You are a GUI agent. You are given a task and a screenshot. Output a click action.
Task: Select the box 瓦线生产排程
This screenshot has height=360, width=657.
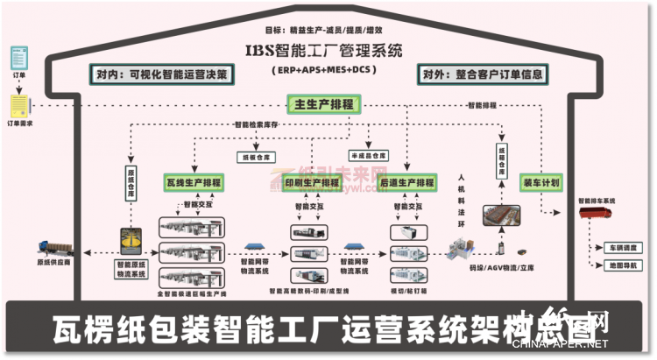click(194, 184)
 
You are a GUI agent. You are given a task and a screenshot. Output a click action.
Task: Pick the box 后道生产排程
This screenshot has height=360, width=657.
click(408, 184)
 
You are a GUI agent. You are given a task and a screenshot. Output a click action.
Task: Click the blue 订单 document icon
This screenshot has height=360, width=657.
click(17, 58)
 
